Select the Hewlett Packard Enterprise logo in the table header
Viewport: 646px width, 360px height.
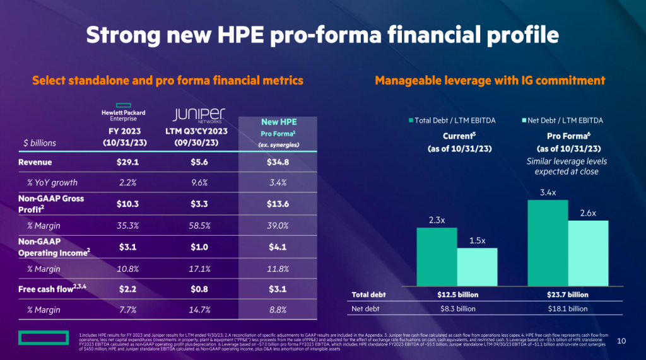coord(124,111)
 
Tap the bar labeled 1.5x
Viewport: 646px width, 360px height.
coord(477,267)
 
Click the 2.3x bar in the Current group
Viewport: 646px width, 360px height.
coord(437,257)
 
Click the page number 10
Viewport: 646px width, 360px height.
coord(621,341)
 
